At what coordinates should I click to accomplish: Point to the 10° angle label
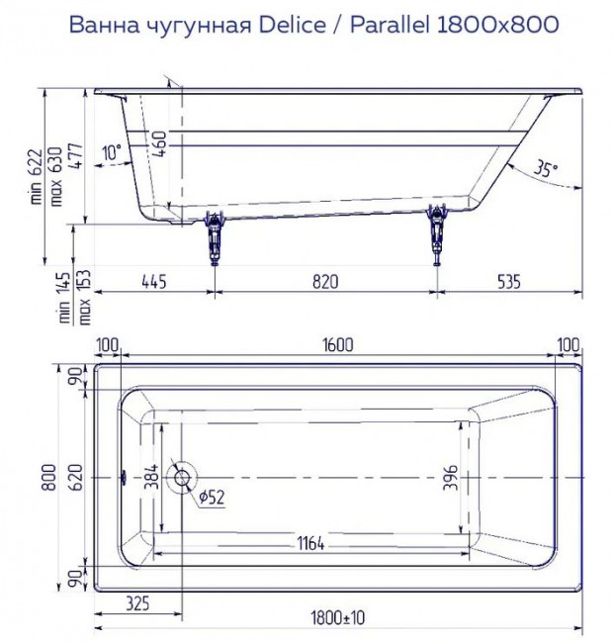[x=111, y=152]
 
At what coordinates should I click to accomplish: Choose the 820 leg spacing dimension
[x=325, y=281]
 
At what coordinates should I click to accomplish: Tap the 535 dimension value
[x=508, y=281]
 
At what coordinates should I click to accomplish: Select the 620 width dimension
[x=74, y=478]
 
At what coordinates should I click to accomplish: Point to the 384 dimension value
[x=151, y=478]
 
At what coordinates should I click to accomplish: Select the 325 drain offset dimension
[x=138, y=602]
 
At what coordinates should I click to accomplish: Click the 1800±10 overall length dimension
[x=337, y=618]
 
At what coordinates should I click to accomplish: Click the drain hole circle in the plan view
[x=183, y=478]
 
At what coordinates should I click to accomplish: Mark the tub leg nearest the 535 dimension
[x=436, y=237]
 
